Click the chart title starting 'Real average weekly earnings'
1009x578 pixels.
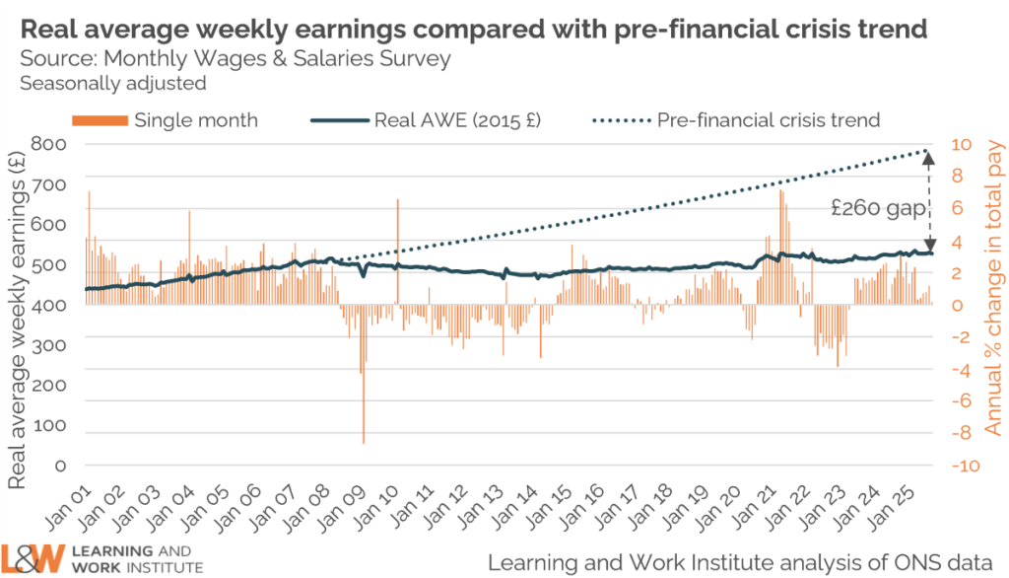point(473,29)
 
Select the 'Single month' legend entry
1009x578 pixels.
point(195,120)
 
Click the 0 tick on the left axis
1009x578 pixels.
point(62,465)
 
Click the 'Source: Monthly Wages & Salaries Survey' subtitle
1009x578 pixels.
point(235,58)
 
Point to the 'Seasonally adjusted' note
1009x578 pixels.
point(112,83)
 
